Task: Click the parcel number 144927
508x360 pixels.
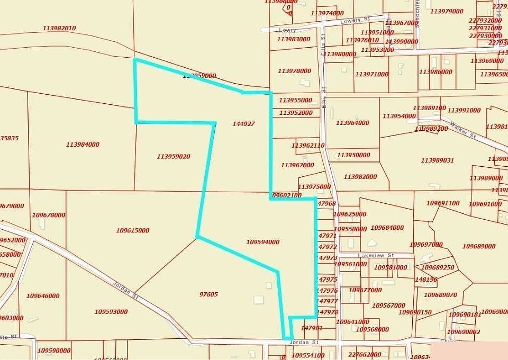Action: (x=243, y=124)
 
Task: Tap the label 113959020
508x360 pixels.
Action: (x=174, y=157)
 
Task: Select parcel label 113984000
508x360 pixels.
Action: (x=83, y=145)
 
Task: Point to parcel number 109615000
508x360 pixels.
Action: (x=132, y=230)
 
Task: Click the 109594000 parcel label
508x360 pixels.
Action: (x=262, y=242)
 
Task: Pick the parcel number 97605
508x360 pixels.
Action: (x=208, y=294)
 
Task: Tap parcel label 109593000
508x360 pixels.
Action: (x=111, y=312)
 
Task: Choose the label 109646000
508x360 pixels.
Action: (x=43, y=296)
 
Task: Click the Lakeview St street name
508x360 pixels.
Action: (x=376, y=255)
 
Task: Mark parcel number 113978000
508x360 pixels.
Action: (x=294, y=71)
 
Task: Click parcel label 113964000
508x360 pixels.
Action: (x=352, y=123)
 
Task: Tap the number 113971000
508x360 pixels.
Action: (x=371, y=75)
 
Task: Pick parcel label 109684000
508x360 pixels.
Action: (x=387, y=228)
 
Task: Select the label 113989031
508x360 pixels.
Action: (x=438, y=160)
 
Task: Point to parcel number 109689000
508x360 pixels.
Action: (x=479, y=246)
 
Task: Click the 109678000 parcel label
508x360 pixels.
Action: (x=49, y=215)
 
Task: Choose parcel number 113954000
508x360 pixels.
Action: (x=399, y=116)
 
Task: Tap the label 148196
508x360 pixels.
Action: (x=427, y=280)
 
